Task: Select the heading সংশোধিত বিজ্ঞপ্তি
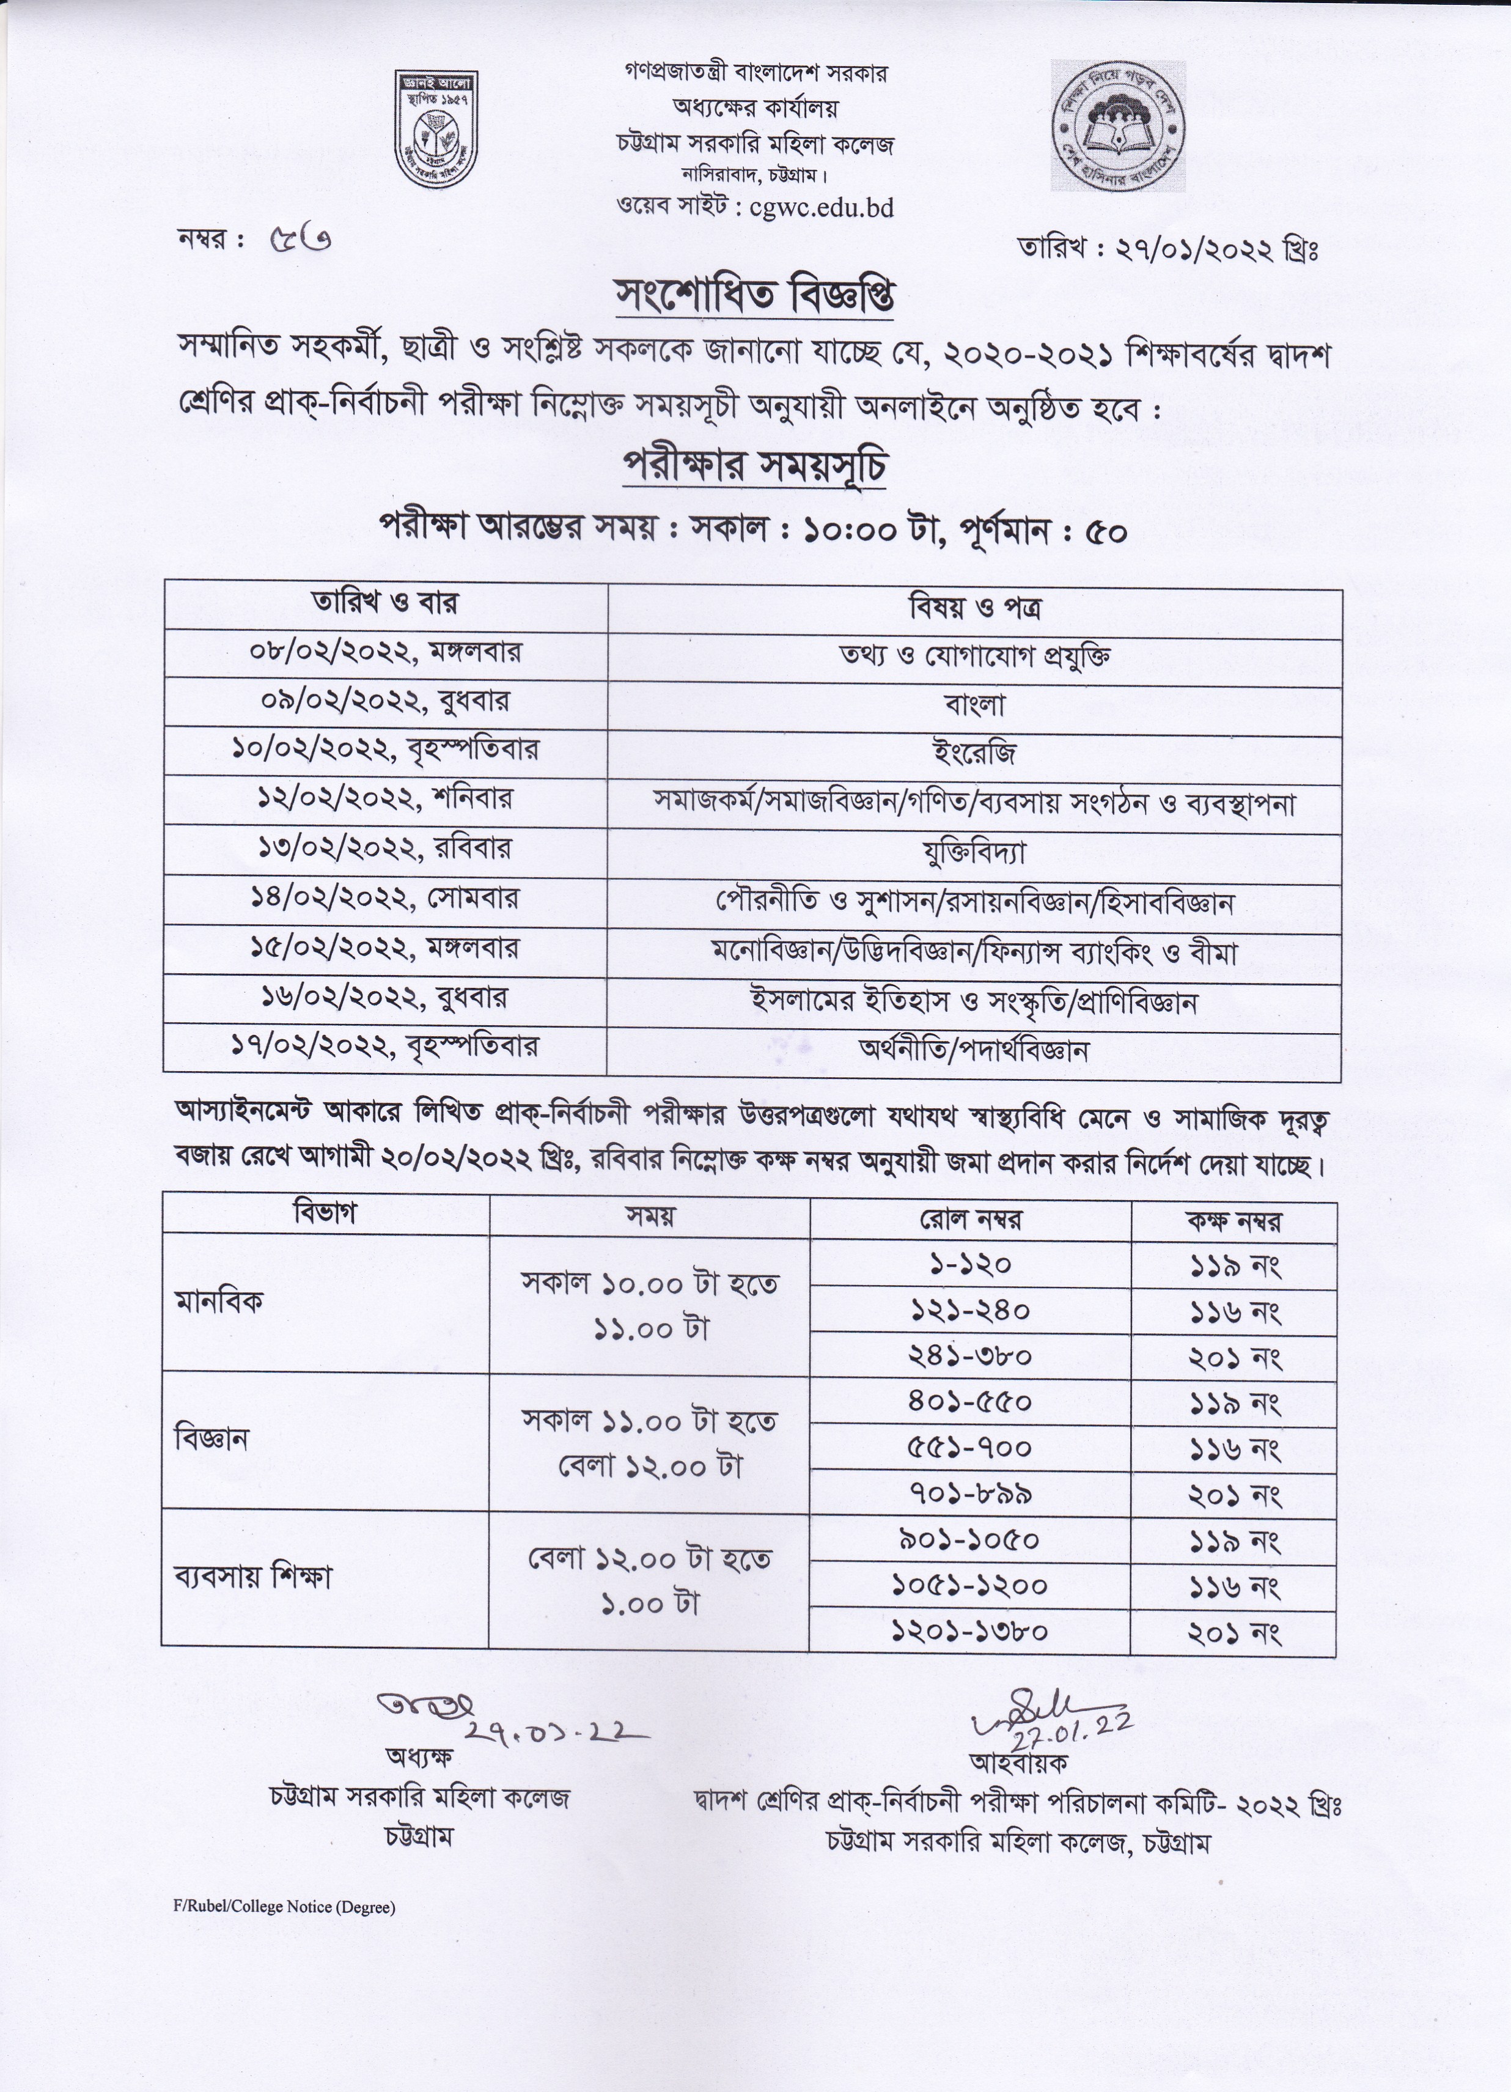754,296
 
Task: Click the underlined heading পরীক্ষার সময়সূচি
754,468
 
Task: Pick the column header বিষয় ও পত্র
974,609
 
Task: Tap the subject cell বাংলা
974,705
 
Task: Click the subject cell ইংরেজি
974,754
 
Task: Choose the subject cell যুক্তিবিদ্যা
974,853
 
